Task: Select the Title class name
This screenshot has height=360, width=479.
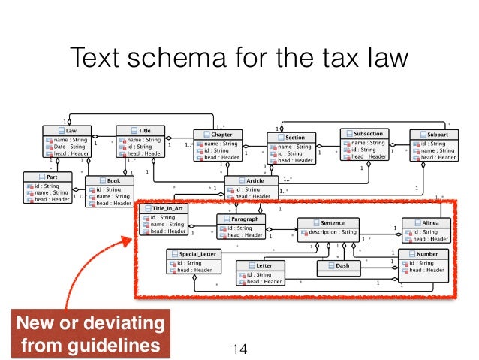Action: [144, 131]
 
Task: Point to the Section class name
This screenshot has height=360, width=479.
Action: [295, 138]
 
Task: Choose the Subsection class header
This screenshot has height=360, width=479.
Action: [368, 133]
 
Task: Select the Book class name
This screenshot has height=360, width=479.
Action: [113, 181]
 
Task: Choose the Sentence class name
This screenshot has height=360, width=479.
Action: [332, 223]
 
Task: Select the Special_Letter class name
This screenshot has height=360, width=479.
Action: [197, 254]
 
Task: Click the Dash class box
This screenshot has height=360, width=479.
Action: [341, 265]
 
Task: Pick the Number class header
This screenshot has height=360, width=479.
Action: [426, 255]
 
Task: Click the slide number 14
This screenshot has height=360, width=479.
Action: [239, 348]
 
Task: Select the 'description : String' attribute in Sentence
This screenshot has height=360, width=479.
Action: [335, 232]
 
